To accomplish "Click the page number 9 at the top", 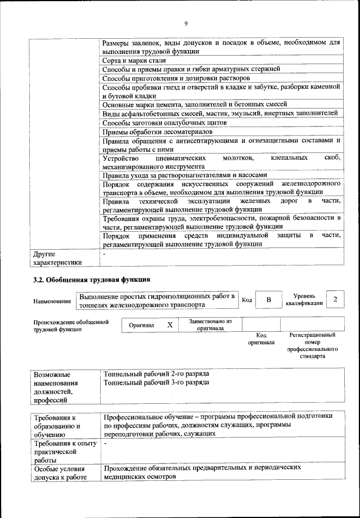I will tap(185, 23).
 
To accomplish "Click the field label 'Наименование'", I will tap(52, 301).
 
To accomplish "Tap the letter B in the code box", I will tap(268, 300).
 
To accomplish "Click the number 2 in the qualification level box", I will tap(335, 299).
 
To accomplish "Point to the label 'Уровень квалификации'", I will tap(304, 299).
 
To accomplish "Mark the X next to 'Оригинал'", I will tap(169, 325).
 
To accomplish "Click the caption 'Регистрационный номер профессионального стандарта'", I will tap(312, 345).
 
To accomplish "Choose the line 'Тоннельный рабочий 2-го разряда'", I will tap(156, 373).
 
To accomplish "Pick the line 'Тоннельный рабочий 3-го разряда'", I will tap(156, 382).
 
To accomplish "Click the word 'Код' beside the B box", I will tap(246, 300).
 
